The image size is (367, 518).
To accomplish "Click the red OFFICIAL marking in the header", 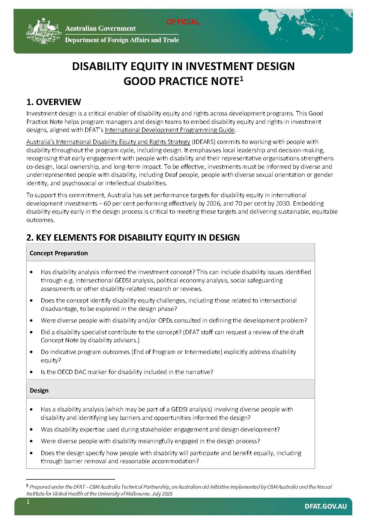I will click(183, 22).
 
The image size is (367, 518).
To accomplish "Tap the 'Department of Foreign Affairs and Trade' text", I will click(122, 40).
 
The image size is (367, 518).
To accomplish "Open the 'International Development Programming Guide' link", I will click(169, 130).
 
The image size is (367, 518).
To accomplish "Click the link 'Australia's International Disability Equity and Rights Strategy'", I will click(108, 142).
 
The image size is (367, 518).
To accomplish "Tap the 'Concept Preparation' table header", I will click(59, 253).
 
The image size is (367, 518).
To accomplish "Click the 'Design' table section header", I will click(39, 391).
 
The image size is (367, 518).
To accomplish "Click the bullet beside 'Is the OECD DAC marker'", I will click(32, 372).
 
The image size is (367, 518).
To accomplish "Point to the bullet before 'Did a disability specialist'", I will click(32, 332).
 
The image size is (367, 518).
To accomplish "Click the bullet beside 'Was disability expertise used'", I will click(32, 429).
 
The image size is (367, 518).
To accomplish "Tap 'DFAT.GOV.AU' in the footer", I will click(326, 506).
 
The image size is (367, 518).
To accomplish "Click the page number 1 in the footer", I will click(28, 502).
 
